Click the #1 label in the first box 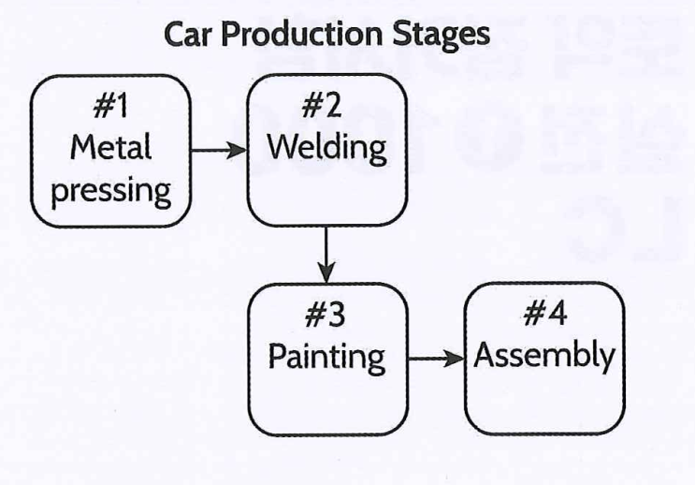(x=111, y=108)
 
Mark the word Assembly (x=544, y=357)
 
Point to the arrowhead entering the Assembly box (x=457, y=359)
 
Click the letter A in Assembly (x=484, y=357)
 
